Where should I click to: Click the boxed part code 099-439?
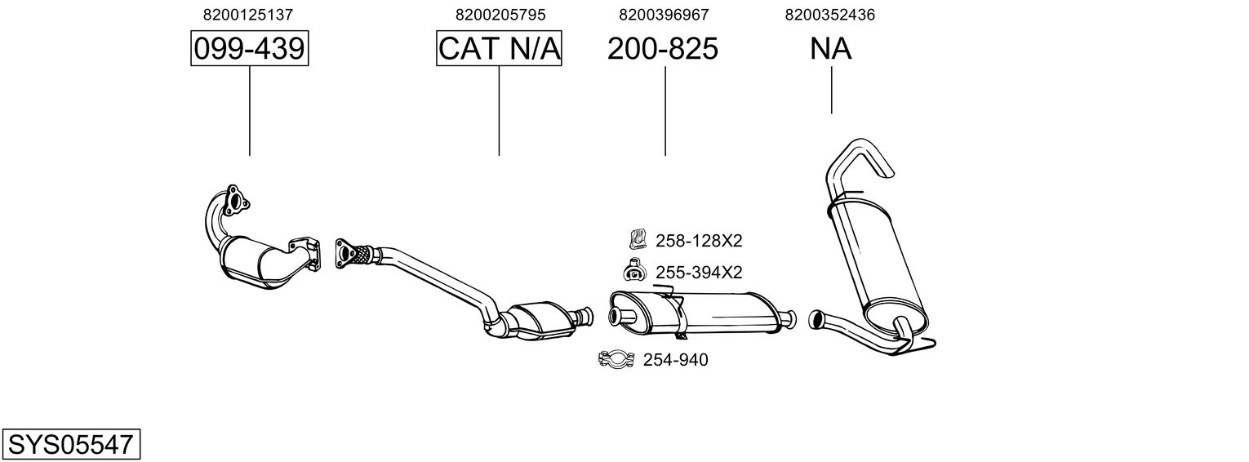pos(249,49)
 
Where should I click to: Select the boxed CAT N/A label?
pos(499,49)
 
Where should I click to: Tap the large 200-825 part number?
pos(663,49)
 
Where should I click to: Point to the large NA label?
pos(831,49)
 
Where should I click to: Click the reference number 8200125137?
pos(248,15)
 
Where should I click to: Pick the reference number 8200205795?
pos(500,15)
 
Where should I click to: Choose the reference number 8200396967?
pos(664,15)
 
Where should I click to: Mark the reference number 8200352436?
pos(829,15)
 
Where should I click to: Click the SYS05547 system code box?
pos(70,445)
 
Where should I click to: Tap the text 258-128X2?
pos(699,241)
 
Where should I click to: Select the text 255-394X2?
pos(699,272)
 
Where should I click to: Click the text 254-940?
pos(676,360)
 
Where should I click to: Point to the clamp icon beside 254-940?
pos(616,359)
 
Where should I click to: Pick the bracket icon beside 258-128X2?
pos(637,239)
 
